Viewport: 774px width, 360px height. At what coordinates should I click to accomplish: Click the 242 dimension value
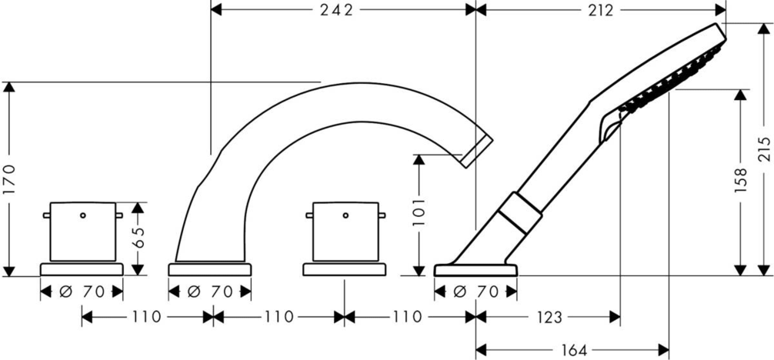pyautogui.click(x=337, y=10)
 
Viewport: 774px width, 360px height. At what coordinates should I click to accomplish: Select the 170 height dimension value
pyautogui.click(x=10, y=180)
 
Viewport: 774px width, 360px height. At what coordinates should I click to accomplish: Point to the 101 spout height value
pyautogui.click(x=419, y=212)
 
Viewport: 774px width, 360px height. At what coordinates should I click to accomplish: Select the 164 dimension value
pyautogui.click(x=574, y=351)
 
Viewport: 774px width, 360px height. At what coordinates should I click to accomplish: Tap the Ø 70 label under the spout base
pyautogui.click(x=209, y=292)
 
